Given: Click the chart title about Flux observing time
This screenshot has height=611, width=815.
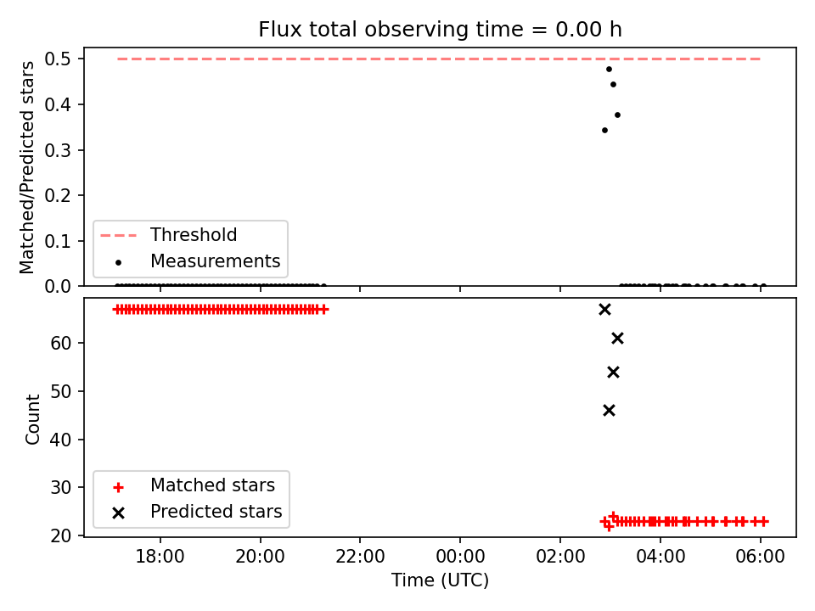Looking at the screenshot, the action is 440,30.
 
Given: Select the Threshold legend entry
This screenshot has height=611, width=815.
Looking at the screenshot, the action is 168,235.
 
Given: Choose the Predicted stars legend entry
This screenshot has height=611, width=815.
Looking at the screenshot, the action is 198,512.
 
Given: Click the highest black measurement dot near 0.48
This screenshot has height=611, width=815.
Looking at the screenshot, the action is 610,69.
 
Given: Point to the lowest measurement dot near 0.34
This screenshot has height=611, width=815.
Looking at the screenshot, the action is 605,131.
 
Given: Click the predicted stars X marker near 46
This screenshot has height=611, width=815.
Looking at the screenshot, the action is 610,411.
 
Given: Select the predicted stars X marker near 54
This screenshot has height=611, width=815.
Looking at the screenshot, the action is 613,372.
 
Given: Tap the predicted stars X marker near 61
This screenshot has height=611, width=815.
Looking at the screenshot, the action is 617,339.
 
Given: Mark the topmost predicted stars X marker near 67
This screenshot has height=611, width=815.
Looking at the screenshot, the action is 604,310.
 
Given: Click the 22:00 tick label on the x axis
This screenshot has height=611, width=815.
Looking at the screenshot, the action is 360,557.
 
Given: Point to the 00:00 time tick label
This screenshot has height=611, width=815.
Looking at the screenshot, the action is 460,557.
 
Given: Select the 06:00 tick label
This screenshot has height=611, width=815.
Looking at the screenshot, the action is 761,557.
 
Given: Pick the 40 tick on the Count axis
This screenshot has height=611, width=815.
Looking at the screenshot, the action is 60,440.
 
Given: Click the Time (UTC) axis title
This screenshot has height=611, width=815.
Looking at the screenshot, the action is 440,580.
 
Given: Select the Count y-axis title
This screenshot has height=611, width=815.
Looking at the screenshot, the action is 32,419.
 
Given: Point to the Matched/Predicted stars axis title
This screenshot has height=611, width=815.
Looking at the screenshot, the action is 26,167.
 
